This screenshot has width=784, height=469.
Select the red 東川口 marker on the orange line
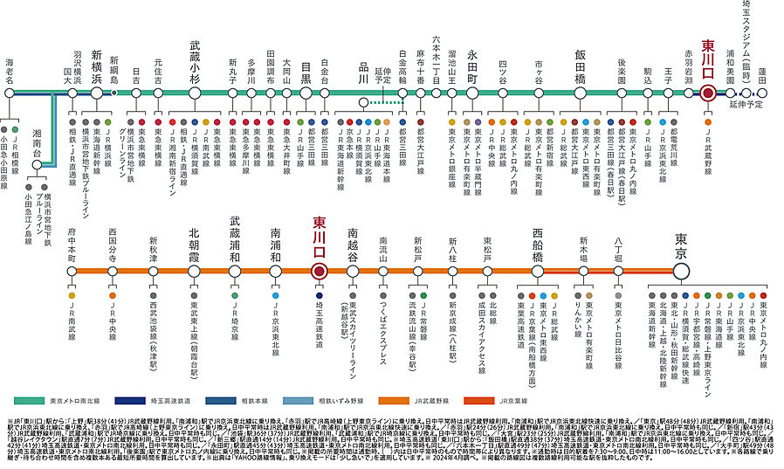point(320,271)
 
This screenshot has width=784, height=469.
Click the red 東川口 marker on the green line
point(708,93)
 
